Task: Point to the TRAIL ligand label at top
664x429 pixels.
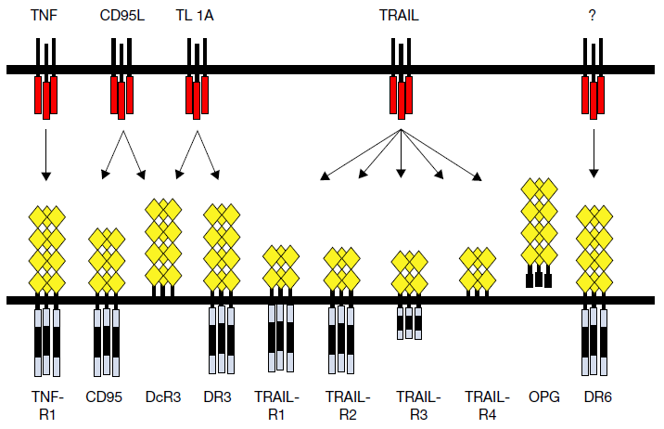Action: pyautogui.click(x=401, y=16)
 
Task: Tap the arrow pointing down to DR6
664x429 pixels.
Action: pyautogui.click(x=594, y=154)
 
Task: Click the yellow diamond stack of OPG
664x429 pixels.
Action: pyautogui.click(x=539, y=223)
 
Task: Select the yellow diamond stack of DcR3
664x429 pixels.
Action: pyautogui.click(x=163, y=241)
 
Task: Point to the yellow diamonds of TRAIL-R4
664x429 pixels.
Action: pyautogui.click(x=479, y=270)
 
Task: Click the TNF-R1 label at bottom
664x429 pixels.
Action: pyautogui.click(x=43, y=405)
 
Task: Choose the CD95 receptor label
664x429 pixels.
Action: pyautogui.click(x=105, y=396)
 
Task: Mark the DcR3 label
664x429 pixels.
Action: pyautogui.click(x=162, y=396)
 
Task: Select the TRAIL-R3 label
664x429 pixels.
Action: pyautogui.click(x=413, y=405)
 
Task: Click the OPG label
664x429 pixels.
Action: pyautogui.click(x=541, y=396)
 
